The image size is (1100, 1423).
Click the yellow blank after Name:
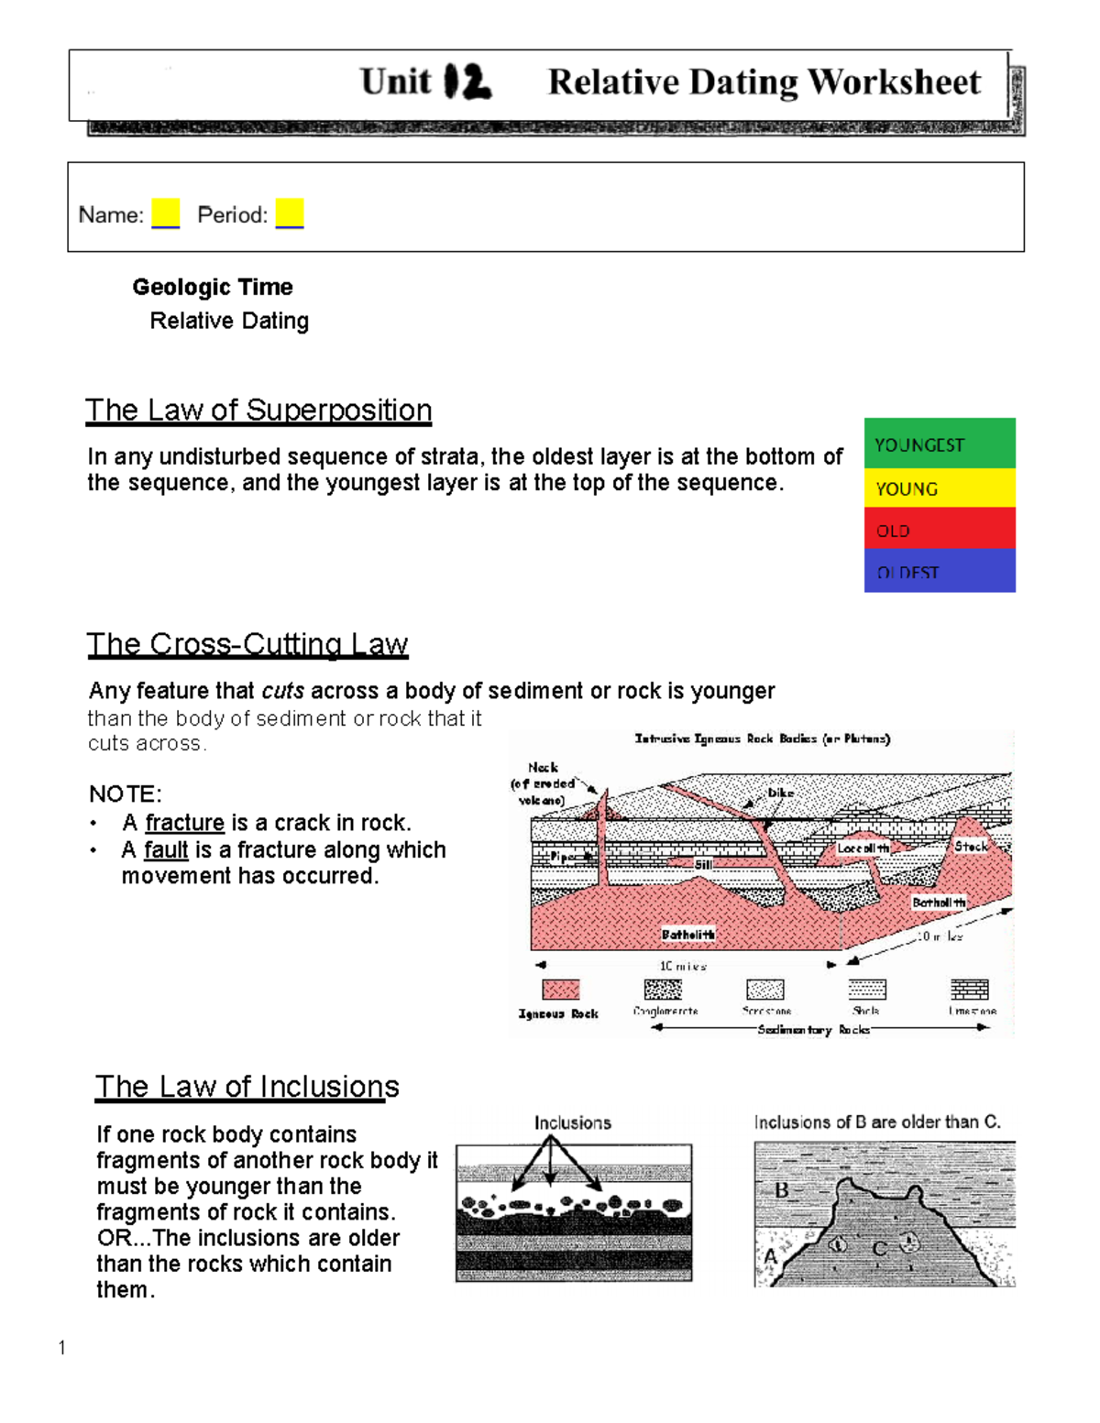[165, 213]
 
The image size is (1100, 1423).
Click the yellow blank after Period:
[289, 213]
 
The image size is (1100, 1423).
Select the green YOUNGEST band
[939, 443]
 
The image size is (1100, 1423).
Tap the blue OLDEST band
[939, 570]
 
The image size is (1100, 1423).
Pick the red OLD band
[939, 529]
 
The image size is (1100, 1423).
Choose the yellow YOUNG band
[939, 487]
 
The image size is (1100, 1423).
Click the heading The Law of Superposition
[258, 410]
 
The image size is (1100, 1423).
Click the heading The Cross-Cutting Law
[247, 644]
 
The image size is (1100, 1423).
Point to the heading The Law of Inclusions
[247, 1087]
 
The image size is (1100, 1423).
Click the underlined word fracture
[184, 823]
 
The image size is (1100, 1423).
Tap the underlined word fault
[166, 850]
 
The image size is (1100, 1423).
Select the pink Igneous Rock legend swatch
[560, 990]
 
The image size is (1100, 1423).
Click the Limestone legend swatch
[969, 990]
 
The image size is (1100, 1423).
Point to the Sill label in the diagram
[703, 864]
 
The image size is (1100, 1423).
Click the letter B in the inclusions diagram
[782, 1190]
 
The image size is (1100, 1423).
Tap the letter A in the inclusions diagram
[770, 1256]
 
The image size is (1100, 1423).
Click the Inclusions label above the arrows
[573, 1122]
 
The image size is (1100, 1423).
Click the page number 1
[61, 1347]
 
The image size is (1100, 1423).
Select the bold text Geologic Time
[213, 287]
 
